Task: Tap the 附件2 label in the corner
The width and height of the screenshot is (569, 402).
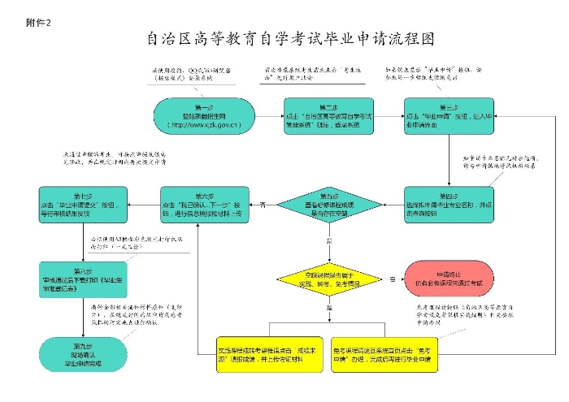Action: tap(38, 22)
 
